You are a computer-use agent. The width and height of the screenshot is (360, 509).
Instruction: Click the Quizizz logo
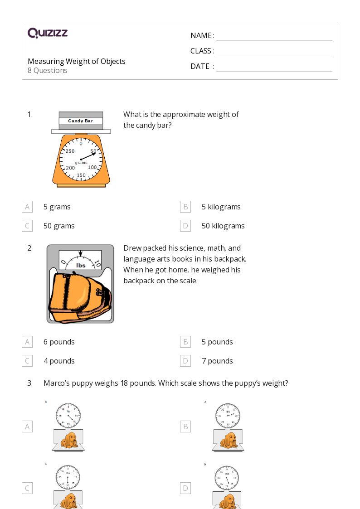48,33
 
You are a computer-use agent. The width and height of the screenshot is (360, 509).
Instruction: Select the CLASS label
202,51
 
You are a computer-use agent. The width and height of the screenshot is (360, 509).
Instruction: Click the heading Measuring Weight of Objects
76,61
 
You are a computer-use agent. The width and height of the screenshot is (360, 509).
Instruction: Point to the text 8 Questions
48,70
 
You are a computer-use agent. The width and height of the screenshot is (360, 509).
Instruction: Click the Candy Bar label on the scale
80,121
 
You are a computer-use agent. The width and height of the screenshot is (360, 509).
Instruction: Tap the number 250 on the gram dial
70,151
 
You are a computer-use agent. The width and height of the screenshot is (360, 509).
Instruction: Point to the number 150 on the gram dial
81,175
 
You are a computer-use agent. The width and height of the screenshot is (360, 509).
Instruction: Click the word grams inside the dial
81,162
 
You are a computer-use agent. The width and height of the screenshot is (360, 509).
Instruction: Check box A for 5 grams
27,207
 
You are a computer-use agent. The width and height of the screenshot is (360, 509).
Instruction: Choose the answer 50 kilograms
223,226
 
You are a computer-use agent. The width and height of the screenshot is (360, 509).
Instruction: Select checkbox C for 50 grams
27,226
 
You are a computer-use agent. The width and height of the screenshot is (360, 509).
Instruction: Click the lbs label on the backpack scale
81,266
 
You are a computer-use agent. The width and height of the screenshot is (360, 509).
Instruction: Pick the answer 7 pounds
217,361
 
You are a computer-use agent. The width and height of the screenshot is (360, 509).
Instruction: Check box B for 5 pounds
185,342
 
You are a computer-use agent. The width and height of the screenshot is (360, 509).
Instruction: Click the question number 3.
30,383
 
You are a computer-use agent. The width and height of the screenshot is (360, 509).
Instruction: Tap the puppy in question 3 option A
69,440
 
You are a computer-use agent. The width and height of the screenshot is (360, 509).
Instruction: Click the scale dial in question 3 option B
228,415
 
